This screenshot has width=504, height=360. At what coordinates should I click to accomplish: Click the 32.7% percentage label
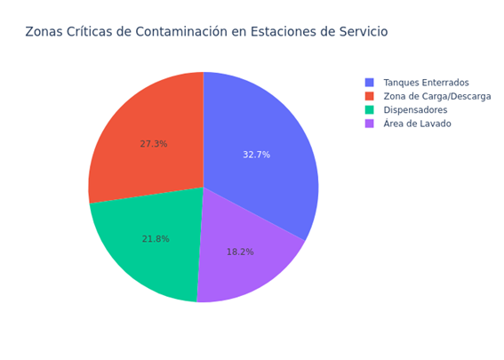tap(256, 155)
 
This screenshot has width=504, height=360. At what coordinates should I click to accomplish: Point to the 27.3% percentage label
tap(153, 144)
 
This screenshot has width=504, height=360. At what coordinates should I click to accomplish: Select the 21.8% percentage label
tap(156, 239)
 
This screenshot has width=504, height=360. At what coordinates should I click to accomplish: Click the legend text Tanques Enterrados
tap(426, 83)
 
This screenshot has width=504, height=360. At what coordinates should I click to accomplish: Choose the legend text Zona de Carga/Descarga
tap(436, 96)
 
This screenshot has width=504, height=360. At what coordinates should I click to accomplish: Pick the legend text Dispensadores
tap(415, 110)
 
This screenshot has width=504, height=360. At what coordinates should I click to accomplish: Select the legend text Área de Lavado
tap(417, 124)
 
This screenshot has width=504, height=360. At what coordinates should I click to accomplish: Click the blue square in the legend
tap(370, 83)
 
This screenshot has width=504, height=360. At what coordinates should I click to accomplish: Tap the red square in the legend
tap(370, 96)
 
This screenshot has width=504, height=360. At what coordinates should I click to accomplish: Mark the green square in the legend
tap(370, 110)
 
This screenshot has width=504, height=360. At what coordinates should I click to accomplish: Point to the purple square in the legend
tap(370, 124)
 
